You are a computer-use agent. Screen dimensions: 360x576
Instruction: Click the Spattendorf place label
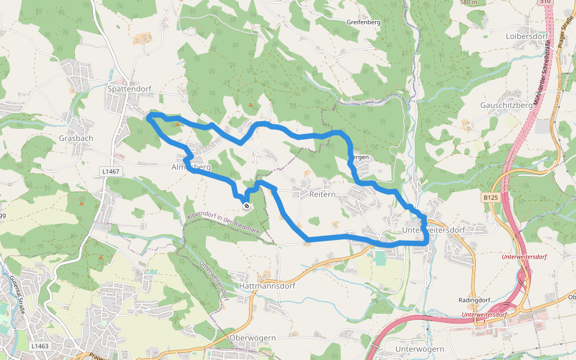click(x=129, y=89)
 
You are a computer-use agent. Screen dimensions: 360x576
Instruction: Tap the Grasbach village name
click(x=76, y=138)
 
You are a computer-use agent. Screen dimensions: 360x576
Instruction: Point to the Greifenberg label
click(x=364, y=22)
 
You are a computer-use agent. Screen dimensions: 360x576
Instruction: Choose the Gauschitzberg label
click(x=506, y=105)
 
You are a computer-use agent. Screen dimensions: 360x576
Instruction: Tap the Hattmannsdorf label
click(x=267, y=286)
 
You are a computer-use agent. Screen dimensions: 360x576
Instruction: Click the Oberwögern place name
click(x=253, y=338)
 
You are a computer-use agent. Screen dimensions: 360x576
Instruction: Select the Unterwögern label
click(x=419, y=349)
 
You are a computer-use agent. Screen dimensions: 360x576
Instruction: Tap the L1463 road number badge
click(x=40, y=346)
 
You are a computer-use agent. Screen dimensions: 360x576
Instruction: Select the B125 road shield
click(x=490, y=196)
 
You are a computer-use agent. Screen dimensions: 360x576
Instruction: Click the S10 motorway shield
click(x=545, y=2)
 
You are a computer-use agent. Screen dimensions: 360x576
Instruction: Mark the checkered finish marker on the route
click(x=247, y=206)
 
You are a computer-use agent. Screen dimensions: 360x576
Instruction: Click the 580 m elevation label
click(x=469, y=2)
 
